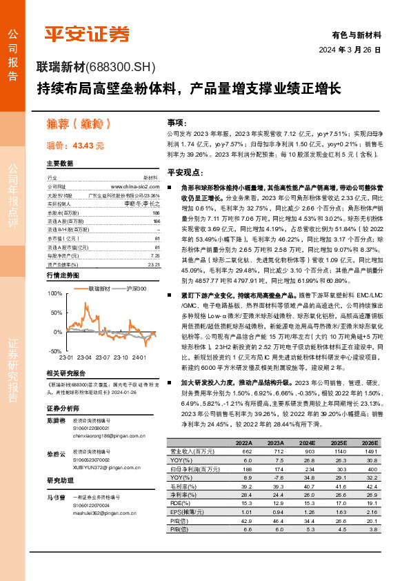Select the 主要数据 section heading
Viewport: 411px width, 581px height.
pyautogui.click(x=59, y=164)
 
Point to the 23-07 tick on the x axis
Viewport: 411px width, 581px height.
pyautogui.click(x=103, y=357)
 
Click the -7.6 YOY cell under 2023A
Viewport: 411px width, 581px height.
pyautogui.click(x=277, y=478)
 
